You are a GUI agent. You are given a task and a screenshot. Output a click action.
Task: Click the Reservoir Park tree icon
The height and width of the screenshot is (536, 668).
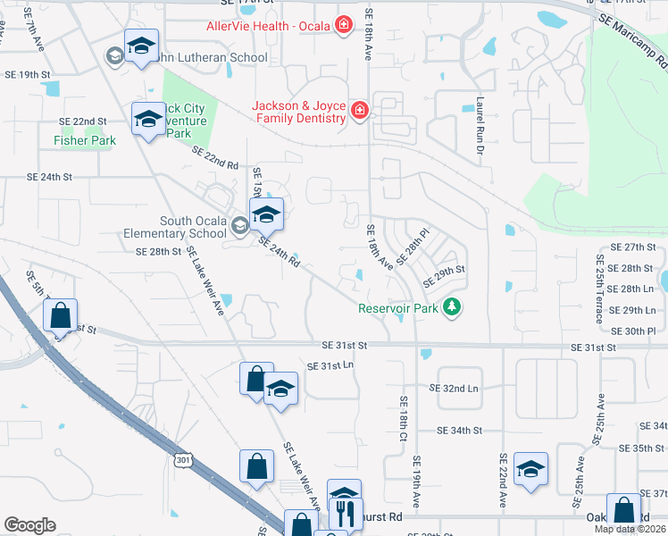454,307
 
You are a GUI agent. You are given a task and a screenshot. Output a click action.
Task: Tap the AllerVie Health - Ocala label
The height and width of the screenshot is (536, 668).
269,26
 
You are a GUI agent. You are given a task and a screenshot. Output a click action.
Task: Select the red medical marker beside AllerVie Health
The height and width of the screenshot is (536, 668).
343,25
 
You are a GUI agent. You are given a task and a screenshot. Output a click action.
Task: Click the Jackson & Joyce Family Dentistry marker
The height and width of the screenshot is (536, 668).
359,110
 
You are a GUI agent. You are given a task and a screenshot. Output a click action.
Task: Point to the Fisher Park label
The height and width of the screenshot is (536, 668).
85,140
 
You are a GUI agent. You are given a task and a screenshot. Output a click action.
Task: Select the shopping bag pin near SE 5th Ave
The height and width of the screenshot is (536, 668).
60,315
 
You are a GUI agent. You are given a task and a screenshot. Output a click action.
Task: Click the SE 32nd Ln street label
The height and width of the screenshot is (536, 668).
454,389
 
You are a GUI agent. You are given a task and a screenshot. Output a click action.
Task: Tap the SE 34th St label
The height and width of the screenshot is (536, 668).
459,431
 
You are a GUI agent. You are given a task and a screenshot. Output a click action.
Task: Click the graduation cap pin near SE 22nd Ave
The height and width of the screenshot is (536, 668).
531,469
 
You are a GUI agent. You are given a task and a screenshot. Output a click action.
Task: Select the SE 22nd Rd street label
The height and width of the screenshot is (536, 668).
215,158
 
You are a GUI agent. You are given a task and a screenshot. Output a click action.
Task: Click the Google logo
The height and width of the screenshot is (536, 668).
29,525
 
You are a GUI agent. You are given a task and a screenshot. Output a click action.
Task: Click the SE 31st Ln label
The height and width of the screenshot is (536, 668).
330,366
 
